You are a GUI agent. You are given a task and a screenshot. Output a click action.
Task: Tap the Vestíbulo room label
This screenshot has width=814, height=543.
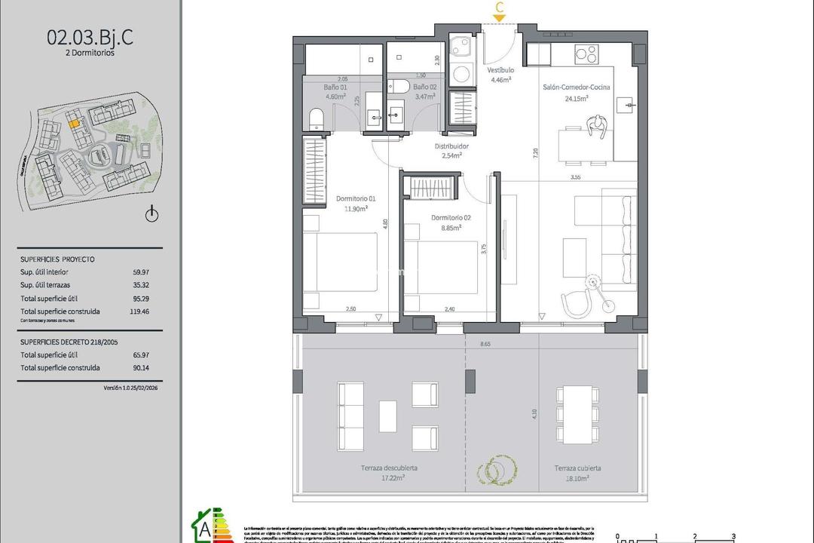pyautogui.click(x=500, y=70)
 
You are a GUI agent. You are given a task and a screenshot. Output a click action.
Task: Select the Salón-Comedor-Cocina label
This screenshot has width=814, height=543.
pyautogui.click(x=577, y=87)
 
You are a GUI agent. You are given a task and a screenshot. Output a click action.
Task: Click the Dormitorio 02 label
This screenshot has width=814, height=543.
pyautogui.click(x=451, y=218)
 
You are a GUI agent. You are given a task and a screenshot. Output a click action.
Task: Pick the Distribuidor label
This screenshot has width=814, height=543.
pyautogui.click(x=451, y=146)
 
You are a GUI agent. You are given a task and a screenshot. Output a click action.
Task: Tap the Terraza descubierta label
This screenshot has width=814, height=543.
pyautogui.click(x=389, y=468)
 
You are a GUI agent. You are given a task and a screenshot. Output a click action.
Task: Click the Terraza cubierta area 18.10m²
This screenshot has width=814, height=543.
pyautogui.click(x=577, y=477)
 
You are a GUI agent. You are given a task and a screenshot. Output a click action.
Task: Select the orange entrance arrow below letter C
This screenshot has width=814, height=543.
pyautogui.click(x=499, y=17)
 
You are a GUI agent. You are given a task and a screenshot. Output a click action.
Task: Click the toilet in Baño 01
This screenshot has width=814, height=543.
pyautogui.click(x=317, y=118)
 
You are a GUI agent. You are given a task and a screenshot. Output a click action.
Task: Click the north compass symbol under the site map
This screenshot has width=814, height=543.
pyautogui.click(x=152, y=214)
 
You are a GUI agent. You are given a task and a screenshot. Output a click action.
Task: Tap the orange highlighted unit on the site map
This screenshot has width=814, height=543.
pyautogui.click(x=74, y=123)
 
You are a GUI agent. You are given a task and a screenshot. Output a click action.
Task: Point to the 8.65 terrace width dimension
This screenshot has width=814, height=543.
pyautogui.click(x=485, y=344)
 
